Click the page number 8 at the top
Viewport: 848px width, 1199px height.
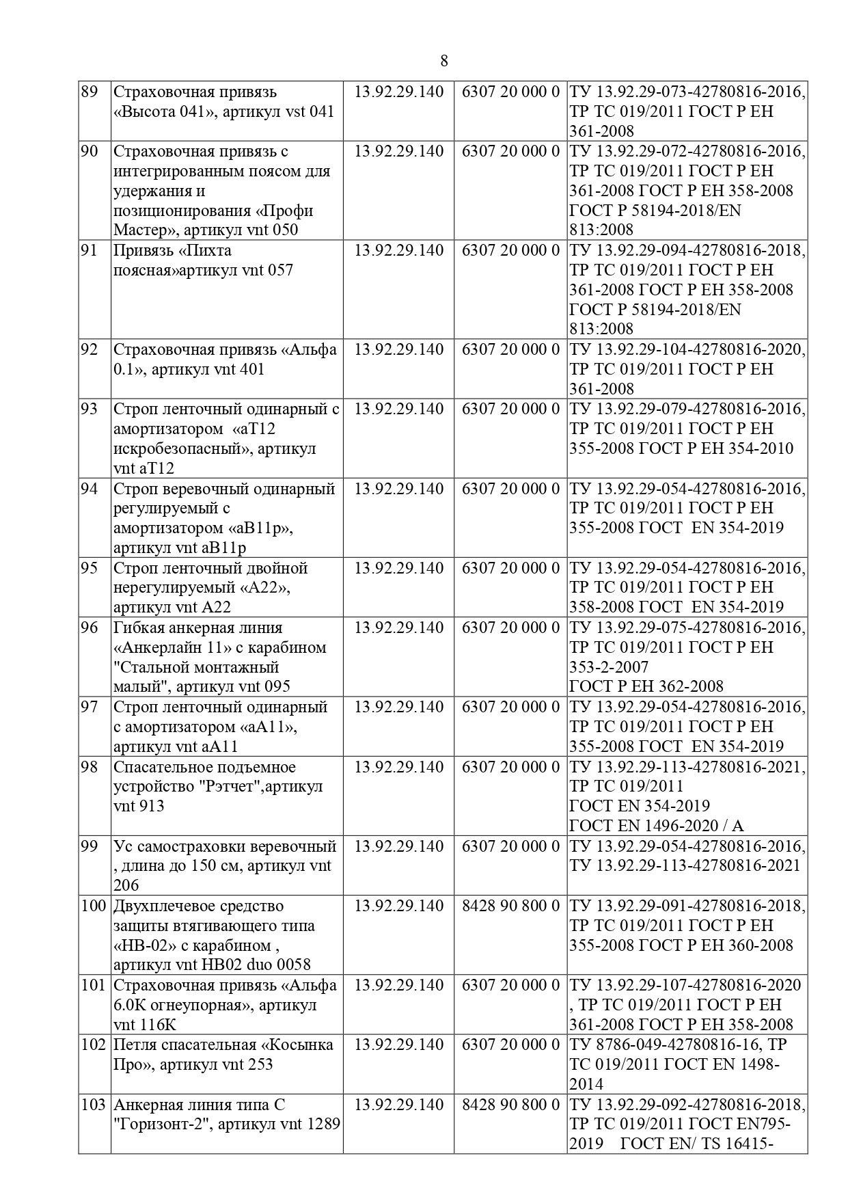[x=444, y=61]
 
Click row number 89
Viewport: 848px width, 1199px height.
[x=89, y=92]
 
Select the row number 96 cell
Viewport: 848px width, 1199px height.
[x=89, y=628]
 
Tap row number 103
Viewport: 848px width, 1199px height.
[x=94, y=1105]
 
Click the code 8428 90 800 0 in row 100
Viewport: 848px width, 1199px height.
[x=510, y=906]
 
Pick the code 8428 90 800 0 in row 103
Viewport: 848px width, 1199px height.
[x=510, y=1105]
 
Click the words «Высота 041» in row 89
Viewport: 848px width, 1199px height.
[x=159, y=111]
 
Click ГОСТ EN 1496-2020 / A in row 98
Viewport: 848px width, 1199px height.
[x=656, y=826]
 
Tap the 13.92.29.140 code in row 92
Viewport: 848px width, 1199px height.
[x=398, y=349]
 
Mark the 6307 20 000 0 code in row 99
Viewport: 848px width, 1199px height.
[x=510, y=846]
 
